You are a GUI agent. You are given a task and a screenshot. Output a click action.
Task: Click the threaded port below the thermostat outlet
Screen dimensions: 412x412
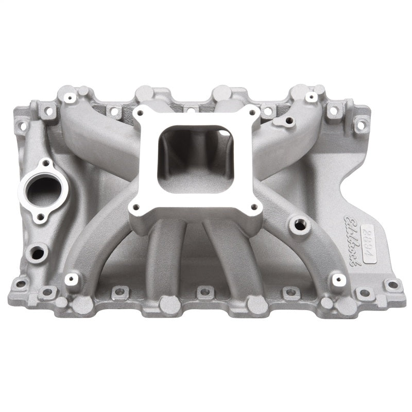[x=38, y=252]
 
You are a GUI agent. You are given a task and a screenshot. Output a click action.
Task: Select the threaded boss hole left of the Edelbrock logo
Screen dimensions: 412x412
[x=297, y=225]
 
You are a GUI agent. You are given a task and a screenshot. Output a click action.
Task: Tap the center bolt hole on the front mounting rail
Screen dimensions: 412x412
[x=204, y=291]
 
